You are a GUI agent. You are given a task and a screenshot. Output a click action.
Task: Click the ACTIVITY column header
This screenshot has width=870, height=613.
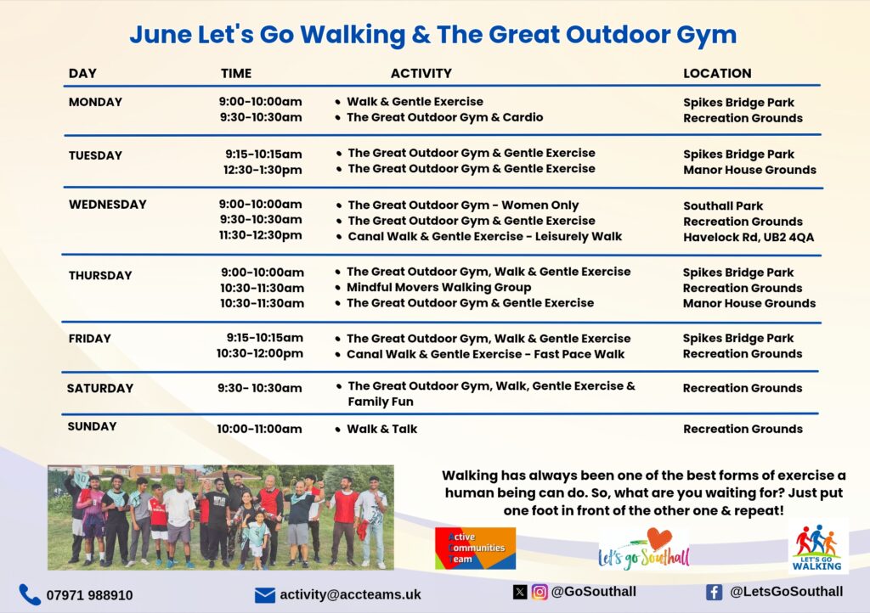pyautogui.click(x=421, y=73)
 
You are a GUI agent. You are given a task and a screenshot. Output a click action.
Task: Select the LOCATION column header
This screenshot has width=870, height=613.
pyautogui.click(x=717, y=73)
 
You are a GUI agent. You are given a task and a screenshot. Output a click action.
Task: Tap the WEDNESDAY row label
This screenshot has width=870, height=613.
pyautogui.click(x=108, y=205)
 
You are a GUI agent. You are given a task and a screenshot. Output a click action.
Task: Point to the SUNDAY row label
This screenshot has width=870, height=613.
pyautogui.click(x=92, y=426)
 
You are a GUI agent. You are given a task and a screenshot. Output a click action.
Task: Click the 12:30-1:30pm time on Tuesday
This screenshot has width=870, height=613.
pyautogui.click(x=263, y=170)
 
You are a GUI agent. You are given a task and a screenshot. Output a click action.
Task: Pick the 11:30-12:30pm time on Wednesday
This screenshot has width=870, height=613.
pyautogui.click(x=260, y=235)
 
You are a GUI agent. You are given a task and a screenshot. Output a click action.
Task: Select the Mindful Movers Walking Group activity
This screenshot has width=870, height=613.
pyautogui.click(x=439, y=288)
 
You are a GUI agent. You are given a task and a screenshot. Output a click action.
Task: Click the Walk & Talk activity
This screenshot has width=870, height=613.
pyautogui.click(x=381, y=429)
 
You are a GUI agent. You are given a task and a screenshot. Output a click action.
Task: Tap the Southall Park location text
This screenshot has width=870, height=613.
pyautogui.click(x=723, y=205)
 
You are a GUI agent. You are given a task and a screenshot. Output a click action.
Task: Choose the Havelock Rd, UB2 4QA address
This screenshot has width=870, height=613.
pyautogui.click(x=749, y=237)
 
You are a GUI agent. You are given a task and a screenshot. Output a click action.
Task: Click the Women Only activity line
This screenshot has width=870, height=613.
pyautogui.click(x=463, y=205)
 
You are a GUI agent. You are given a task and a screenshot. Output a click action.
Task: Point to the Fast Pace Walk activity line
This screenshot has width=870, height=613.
pyautogui.click(x=485, y=354)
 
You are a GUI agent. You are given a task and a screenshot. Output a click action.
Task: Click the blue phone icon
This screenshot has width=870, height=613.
pyautogui.click(x=30, y=594)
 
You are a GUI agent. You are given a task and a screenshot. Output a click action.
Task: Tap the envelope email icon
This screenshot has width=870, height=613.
pyautogui.click(x=265, y=595)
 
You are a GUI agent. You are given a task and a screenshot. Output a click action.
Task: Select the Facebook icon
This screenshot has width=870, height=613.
pyautogui.click(x=714, y=593)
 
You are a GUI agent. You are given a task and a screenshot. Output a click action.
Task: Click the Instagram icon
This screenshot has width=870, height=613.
pyautogui.click(x=540, y=592)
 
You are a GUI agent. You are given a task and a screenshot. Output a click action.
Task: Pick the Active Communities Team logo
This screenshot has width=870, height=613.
pyautogui.click(x=476, y=548)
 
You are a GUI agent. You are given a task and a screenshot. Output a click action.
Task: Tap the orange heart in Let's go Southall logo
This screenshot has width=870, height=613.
pyautogui.click(x=659, y=538)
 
